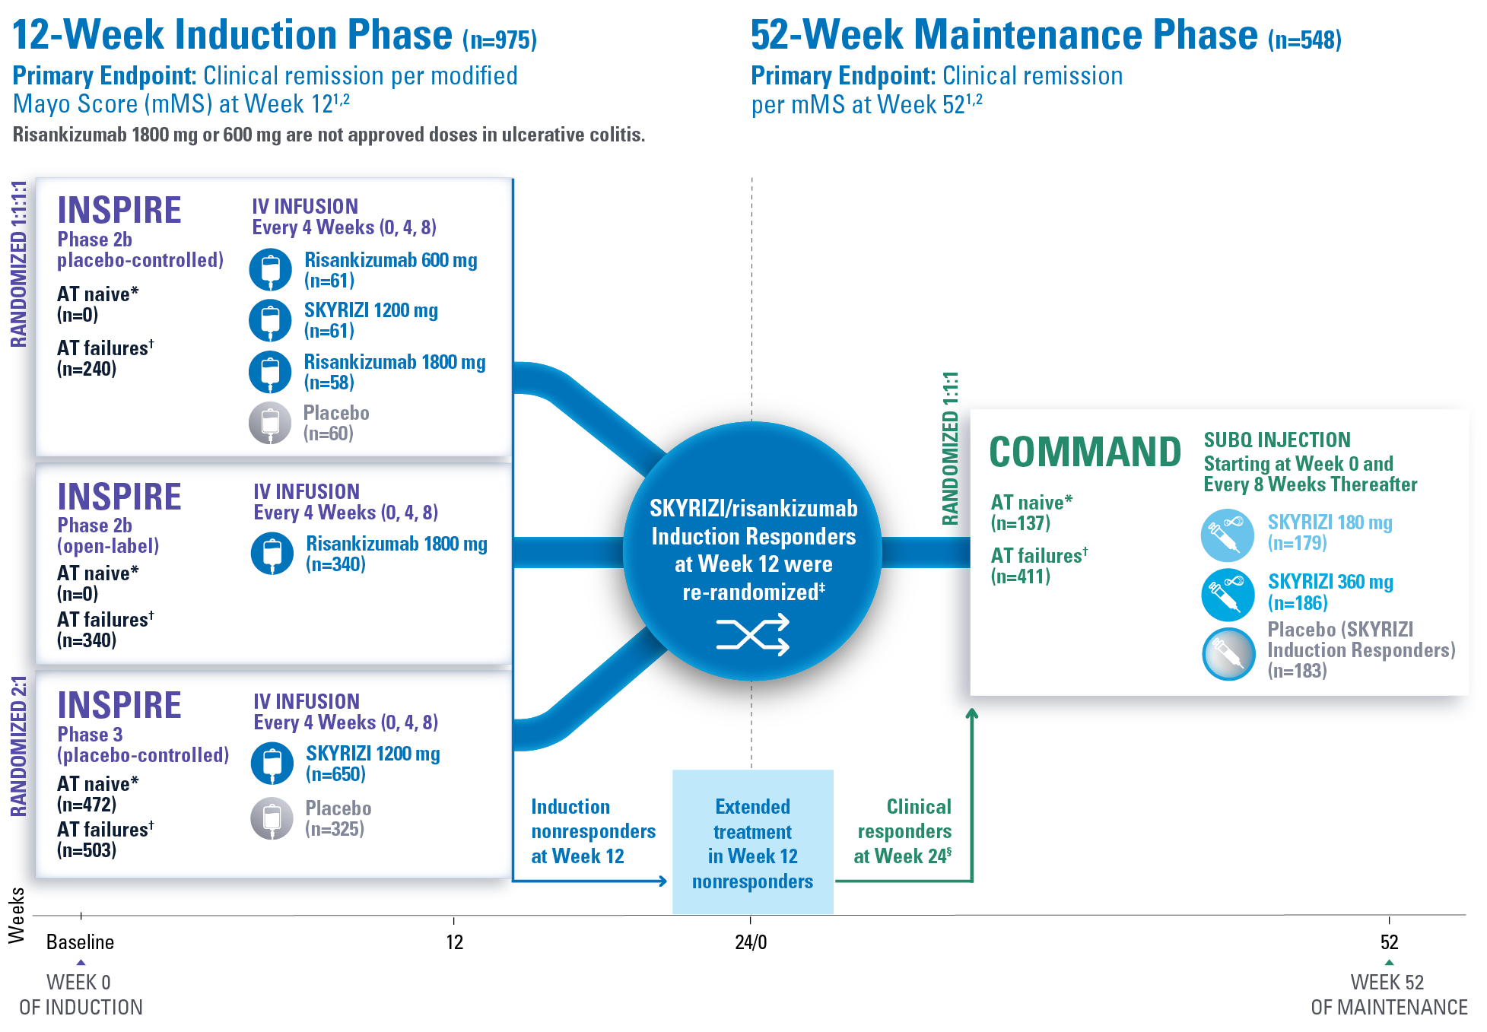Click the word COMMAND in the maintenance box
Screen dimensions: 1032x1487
[1085, 452]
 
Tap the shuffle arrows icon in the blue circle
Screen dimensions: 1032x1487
[752, 635]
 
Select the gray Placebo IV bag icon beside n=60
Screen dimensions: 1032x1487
[270, 423]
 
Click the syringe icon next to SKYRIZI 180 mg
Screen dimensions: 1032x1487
[1227, 535]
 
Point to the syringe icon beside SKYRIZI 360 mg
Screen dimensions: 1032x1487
[1227, 594]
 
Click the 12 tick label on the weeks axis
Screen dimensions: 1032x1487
[454, 942]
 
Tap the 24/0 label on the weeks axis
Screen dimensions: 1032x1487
[751, 942]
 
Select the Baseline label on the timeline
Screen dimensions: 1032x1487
[80, 942]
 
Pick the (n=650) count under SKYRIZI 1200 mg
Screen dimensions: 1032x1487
[335, 774]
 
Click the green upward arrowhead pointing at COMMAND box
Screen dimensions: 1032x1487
[971, 713]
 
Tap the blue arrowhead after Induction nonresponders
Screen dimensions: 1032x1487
[662, 881]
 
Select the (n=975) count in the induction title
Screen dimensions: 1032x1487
[500, 40]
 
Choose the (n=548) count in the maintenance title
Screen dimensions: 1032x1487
[1304, 40]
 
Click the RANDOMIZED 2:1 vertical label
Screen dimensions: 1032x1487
[18, 746]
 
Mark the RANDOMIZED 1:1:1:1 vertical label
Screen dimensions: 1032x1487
[18, 264]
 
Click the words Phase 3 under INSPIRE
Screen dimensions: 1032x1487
[90, 735]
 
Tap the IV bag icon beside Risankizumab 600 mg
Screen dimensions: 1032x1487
[270, 270]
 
